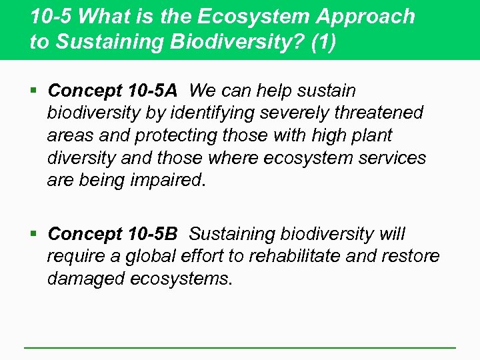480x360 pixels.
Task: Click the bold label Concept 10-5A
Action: tap(113, 90)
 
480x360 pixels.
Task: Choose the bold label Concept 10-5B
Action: tap(113, 234)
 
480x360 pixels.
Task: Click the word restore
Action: tap(413, 257)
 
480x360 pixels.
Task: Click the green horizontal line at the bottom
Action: tap(240, 347)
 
